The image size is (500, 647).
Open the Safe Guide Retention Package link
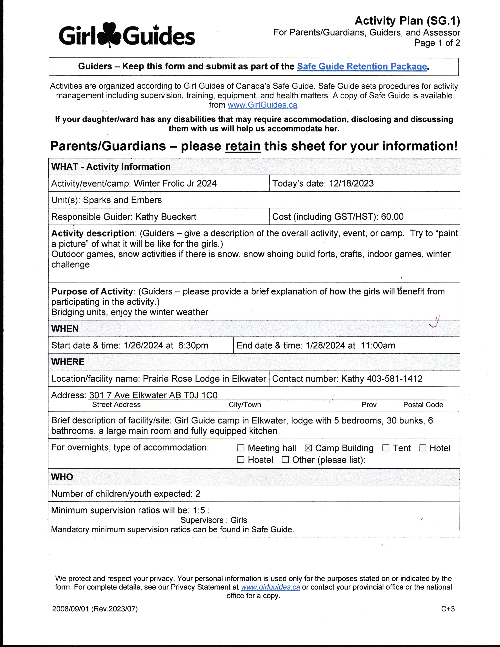[362, 66]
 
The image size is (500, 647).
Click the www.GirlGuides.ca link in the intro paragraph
[262, 105]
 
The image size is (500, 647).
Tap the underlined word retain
[243, 146]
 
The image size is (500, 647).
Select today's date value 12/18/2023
[351, 183]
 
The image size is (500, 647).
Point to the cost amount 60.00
[392, 217]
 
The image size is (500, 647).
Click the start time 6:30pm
[193, 345]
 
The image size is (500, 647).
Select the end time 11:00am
[378, 345]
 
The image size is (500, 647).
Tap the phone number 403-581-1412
[395, 379]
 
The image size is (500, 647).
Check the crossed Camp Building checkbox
[308, 448]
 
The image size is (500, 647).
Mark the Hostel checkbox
[241, 460]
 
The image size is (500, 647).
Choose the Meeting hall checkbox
[241, 448]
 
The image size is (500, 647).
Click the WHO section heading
[62, 477]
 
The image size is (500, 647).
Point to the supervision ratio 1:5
[199, 510]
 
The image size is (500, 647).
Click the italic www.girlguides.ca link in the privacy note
[270, 587]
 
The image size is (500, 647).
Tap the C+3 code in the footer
[448, 609]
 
